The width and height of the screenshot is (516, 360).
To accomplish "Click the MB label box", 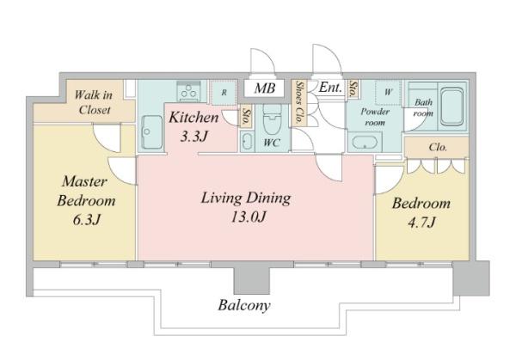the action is (x=264, y=88).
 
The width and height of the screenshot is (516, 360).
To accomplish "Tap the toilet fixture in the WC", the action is (x=272, y=119).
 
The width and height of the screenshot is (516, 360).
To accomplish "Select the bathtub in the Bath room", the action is (x=451, y=107).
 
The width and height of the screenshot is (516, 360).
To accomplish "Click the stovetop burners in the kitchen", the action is (x=188, y=91).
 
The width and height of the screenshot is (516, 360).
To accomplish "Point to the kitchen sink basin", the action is (x=151, y=132).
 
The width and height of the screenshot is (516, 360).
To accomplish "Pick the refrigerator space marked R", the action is (x=224, y=93).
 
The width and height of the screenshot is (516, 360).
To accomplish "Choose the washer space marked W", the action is (x=389, y=93).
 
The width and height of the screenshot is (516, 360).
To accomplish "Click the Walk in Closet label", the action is (x=94, y=102).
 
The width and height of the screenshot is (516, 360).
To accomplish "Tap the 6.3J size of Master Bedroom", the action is (x=86, y=220).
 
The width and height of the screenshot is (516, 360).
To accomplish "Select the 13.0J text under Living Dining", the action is (x=249, y=217).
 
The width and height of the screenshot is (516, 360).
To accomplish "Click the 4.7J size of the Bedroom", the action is (x=422, y=223).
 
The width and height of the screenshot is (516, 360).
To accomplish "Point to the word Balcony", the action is (x=244, y=305).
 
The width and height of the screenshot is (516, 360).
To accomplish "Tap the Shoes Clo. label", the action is (x=300, y=102).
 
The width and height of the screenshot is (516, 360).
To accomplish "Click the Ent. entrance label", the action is (x=330, y=87).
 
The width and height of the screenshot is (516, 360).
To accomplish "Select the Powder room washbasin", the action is (x=365, y=142).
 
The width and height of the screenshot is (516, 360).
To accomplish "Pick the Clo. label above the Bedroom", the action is (x=438, y=147).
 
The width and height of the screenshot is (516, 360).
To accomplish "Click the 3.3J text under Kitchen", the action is (x=194, y=136).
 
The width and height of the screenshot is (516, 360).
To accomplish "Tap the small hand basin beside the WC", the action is (x=247, y=143).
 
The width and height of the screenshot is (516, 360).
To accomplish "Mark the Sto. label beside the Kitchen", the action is (x=245, y=116).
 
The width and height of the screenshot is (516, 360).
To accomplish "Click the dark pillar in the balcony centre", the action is (x=252, y=280).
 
